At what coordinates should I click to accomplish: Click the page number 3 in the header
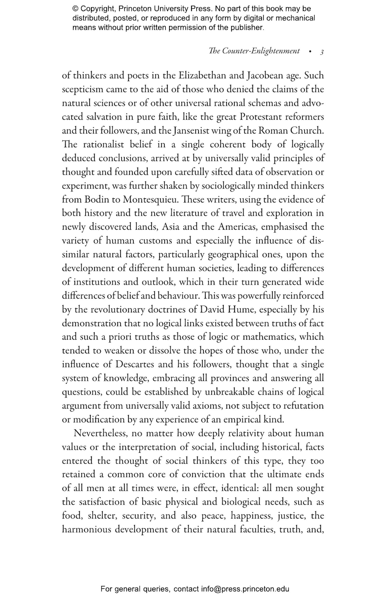[322, 52]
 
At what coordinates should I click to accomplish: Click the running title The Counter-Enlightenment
[254, 51]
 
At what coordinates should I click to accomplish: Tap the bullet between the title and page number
[310, 52]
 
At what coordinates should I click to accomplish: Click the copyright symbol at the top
[75, 9]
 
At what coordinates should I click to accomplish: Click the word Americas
[237, 227]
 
